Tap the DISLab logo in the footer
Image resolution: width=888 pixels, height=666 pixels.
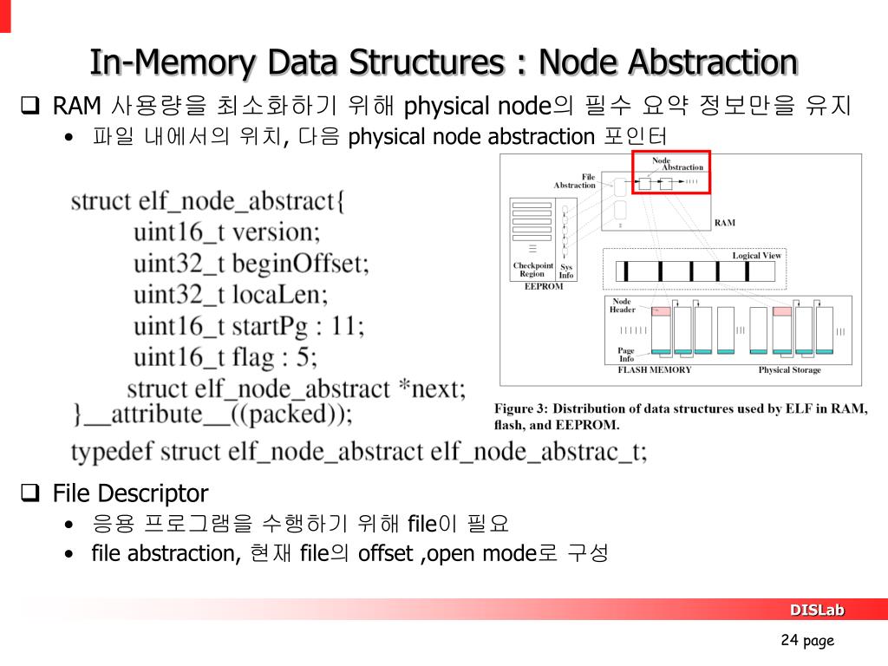click(816, 610)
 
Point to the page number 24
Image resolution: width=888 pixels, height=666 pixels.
click(789, 640)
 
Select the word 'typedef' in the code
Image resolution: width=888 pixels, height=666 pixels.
click(113, 452)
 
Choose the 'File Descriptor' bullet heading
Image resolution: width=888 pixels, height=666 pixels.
click(130, 493)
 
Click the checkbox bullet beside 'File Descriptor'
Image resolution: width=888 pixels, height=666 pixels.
click(29, 493)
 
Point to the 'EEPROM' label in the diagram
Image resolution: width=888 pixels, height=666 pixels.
click(544, 286)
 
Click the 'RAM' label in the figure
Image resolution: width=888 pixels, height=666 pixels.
click(724, 223)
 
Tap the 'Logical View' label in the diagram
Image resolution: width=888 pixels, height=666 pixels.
click(756, 256)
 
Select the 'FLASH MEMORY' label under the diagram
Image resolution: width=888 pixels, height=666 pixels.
click(654, 369)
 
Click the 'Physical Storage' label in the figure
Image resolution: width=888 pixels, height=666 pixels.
click(789, 369)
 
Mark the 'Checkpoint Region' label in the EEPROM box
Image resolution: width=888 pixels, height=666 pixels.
click(532, 270)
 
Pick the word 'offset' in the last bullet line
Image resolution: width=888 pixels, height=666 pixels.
click(385, 553)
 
